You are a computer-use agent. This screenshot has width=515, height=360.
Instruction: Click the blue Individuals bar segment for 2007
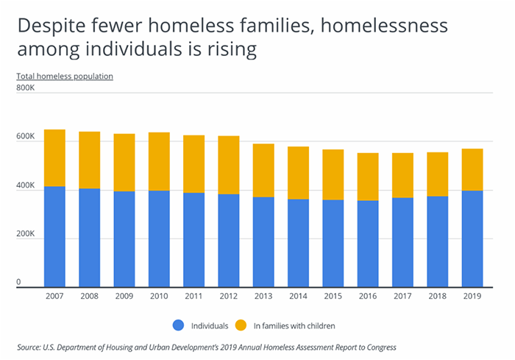[54, 236]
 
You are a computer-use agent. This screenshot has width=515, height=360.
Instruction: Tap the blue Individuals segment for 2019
[472, 239]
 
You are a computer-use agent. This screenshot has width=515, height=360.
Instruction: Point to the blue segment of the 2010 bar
[159, 239]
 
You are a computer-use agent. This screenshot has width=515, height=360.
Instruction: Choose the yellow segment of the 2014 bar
[298, 173]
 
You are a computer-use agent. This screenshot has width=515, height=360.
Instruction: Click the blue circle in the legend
[178, 324]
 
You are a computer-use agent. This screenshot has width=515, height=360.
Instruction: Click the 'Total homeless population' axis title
[64, 76]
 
